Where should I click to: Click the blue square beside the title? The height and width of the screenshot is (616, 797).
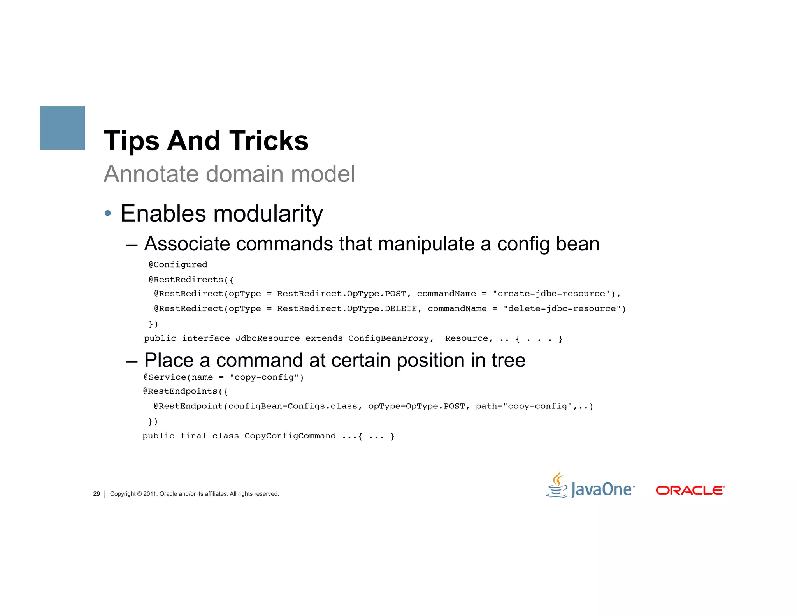click(x=62, y=128)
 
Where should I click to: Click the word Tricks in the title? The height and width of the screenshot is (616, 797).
click(x=269, y=141)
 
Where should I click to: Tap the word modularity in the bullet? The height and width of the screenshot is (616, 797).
click(x=268, y=214)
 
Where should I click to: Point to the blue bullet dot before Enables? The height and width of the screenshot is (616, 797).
click(x=108, y=213)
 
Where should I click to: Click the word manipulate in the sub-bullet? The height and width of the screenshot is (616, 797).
click(x=426, y=244)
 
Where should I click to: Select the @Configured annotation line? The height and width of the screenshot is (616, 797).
click(x=178, y=265)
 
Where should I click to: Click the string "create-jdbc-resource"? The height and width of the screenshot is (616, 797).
click(x=551, y=294)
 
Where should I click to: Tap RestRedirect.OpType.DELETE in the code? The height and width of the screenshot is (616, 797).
click(x=347, y=309)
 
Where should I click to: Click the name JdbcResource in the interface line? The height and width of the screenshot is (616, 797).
click(x=267, y=338)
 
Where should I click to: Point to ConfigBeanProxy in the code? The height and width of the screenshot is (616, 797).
click(x=388, y=338)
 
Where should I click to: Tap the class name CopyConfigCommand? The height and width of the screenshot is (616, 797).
click(x=290, y=436)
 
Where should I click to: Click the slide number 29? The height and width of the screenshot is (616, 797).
click(x=97, y=494)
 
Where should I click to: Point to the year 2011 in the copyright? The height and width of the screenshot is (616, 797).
click(x=150, y=494)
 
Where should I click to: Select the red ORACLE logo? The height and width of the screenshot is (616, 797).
click(x=690, y=490)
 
